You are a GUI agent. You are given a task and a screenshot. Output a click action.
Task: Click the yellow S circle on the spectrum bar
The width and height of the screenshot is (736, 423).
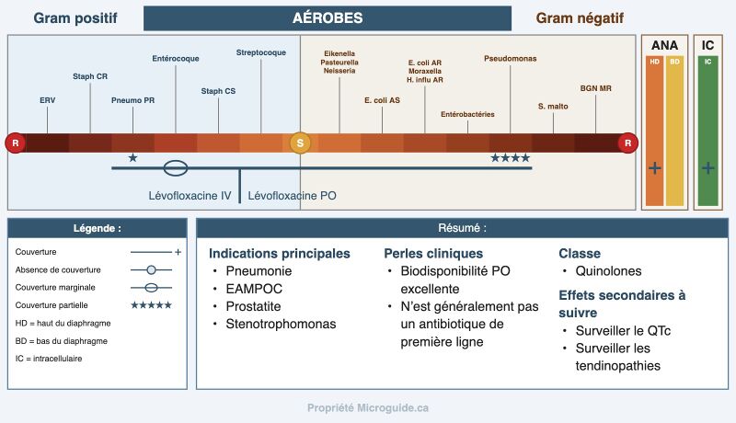[300, 143]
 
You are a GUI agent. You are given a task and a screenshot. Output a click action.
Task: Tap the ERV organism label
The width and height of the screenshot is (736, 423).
[48, 100]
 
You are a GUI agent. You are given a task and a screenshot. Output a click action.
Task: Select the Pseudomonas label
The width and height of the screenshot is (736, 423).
[511, 59]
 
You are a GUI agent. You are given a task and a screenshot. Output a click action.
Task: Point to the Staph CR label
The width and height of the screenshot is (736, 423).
[90, 76]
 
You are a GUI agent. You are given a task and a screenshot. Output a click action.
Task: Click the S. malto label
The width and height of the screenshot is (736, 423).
[553, 107]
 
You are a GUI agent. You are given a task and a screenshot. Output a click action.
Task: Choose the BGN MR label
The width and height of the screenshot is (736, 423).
[595, 88]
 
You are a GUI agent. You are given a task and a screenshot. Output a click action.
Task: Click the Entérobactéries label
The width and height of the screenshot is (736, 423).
[467, 114]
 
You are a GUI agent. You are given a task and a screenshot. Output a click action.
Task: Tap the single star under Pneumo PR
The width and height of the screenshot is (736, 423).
[132, 158]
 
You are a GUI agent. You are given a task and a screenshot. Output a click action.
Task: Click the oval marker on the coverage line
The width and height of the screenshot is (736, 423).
[176, 168]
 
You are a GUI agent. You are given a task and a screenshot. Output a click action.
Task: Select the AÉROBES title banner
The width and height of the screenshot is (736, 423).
[328, 18]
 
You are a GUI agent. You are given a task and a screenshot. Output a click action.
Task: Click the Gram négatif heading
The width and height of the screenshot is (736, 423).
[580, 18]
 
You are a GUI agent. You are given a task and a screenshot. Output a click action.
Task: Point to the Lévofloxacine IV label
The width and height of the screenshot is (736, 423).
[190, 196]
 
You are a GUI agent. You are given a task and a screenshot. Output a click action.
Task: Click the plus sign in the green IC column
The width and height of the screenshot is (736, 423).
[707, 168]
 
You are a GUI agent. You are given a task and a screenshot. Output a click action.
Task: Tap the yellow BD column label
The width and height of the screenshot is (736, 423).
[674, 62]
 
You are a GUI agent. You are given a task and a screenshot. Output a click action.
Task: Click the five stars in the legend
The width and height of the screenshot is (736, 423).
[151, 305]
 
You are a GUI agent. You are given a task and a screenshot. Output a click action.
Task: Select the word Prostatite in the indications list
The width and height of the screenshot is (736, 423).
[254, 306]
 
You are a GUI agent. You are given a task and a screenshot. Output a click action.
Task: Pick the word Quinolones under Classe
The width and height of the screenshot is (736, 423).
[608, 271]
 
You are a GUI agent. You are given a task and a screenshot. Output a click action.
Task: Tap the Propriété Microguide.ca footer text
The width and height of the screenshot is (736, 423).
[368, 408]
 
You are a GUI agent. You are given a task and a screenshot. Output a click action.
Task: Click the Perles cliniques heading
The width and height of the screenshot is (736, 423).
[433, 254]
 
